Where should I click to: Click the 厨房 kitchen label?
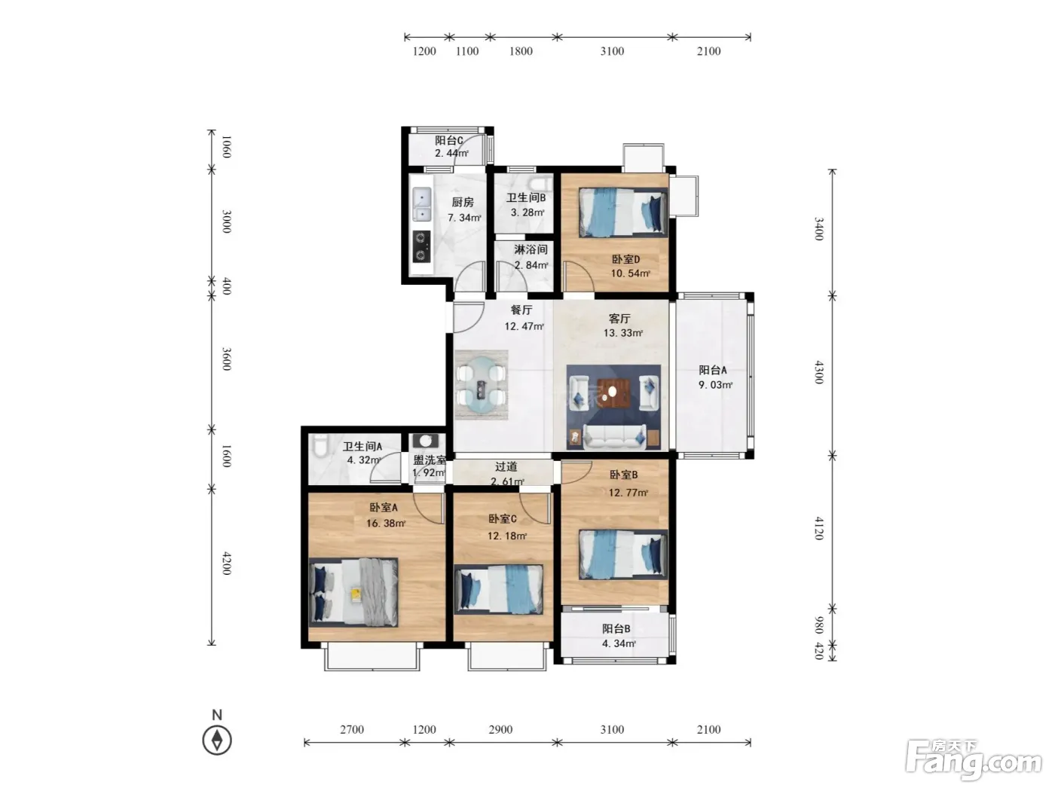tap(462, 202)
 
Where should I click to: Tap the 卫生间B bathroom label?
tap(525, 197)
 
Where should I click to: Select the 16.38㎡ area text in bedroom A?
tap(386, 523)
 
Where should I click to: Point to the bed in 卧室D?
tap(623, 212)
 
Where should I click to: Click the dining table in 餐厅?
tap(482, 385)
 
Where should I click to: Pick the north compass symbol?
tap(217, 740)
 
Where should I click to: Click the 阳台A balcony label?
tap(712, 370)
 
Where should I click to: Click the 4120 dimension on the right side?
tap(819, 528)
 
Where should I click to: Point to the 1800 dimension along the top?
tap(521, 51)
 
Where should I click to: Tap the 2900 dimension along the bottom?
tap(500, 729)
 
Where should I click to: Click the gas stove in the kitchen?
tap(421, 247)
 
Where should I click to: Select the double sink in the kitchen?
tap(422, 204)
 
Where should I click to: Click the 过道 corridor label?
tap(506, 466)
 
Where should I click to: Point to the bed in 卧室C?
tap(498, 589)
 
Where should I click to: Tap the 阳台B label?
tap(616, 629)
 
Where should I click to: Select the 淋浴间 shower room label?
tap(531, 250)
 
